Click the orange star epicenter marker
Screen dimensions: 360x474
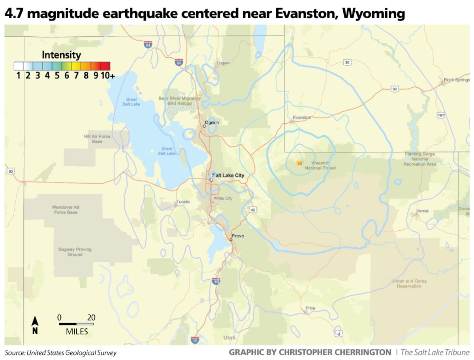[x=299, y=162]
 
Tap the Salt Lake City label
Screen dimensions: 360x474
[x=228, y=175]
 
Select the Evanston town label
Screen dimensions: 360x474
[x=302, y=117]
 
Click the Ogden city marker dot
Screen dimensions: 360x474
[x=204, y=126]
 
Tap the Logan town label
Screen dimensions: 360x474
[x=222, y=62]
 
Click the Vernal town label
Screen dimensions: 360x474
[x=422, y=211]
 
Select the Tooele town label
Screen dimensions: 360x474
[x=183, y=202]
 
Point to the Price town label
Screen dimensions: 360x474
[x=310, y=308]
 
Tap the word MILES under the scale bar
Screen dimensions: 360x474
[x=77, y=332]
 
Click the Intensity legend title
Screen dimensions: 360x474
[x=61, y=55]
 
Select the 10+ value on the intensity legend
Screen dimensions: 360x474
[x=107, y=76]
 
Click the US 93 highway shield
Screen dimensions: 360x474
[x=10, y=171]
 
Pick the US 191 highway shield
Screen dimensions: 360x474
[x=441, y=115]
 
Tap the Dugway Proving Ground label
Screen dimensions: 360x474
[x=75, y=252]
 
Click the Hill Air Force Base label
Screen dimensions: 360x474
[x=97, y=139]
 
